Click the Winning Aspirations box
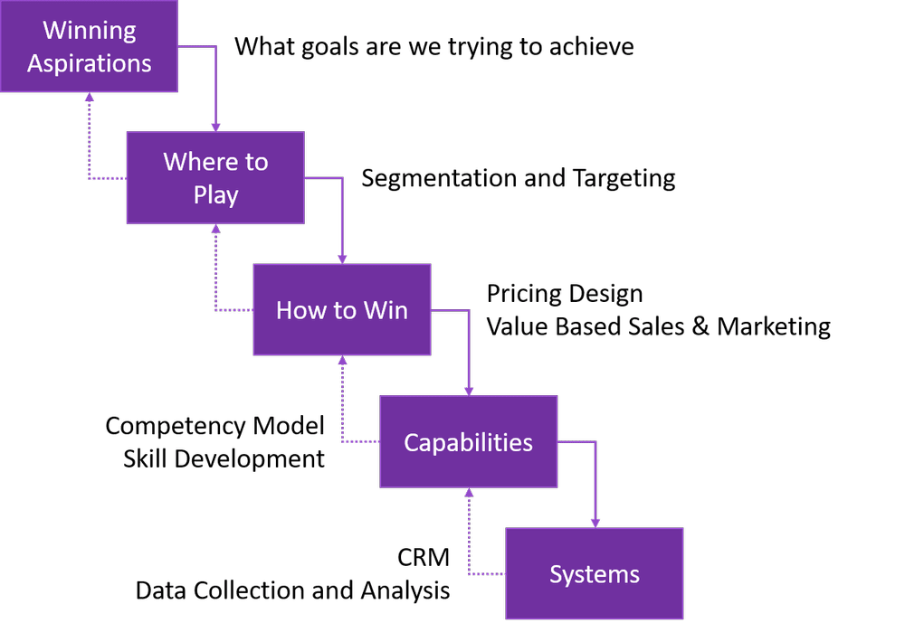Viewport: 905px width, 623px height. [x=90, y=46]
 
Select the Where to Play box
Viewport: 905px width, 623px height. [x=215, y=178]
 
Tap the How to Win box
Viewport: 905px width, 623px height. [x=342, y=310]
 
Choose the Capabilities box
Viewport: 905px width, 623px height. [x=468, y=441]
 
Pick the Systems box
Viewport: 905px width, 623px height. [x=594, y=573]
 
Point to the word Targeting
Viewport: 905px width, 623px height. [x=624, y=178]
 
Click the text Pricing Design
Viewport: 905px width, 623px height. [x=565, y=294]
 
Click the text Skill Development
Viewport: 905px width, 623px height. [x=224, y=458]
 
